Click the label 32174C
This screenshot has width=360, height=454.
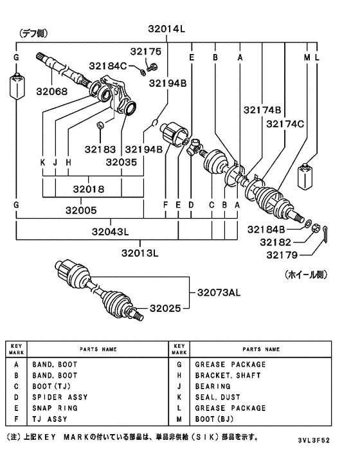[x=285, y=123]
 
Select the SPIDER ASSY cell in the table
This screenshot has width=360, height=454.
[x=59, y=397]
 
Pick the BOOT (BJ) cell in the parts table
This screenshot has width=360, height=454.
[x=215, y=419]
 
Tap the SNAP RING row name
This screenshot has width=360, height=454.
[x=55, y=408]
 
